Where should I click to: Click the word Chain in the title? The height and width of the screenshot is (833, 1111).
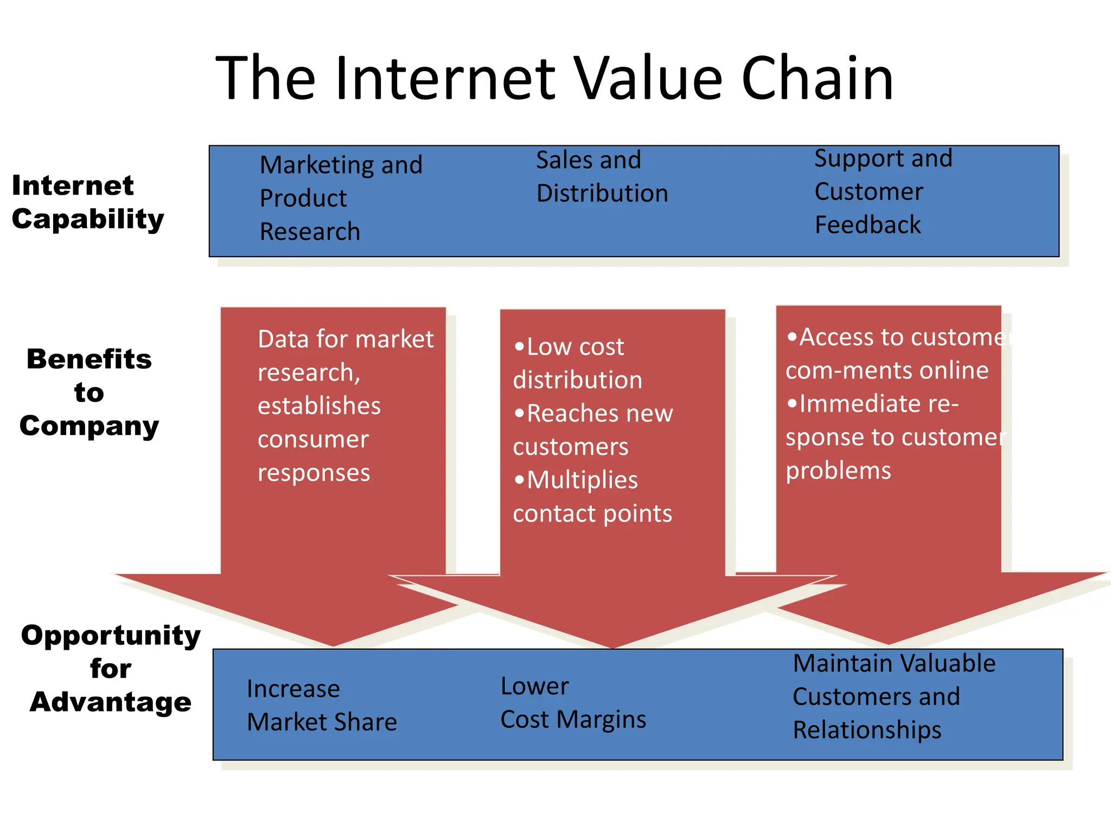816,79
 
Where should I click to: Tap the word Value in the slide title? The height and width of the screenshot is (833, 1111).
648,79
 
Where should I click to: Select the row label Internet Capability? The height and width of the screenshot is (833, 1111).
87,202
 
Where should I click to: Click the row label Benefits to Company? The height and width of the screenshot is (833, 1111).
89,392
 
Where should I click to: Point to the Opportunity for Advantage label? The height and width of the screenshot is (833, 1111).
111,668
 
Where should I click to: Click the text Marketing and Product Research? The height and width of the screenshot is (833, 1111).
341,198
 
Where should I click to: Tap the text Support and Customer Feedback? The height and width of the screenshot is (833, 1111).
883,191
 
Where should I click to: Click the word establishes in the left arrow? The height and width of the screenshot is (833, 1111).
319,406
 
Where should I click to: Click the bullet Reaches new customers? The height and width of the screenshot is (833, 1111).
592,430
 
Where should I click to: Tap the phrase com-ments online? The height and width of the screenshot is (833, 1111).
886,370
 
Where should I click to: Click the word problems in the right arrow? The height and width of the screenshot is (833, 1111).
838,471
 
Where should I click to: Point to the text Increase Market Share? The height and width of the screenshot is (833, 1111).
321,705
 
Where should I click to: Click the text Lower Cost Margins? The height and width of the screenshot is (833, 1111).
572,703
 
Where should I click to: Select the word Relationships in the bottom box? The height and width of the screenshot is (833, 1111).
867,730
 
